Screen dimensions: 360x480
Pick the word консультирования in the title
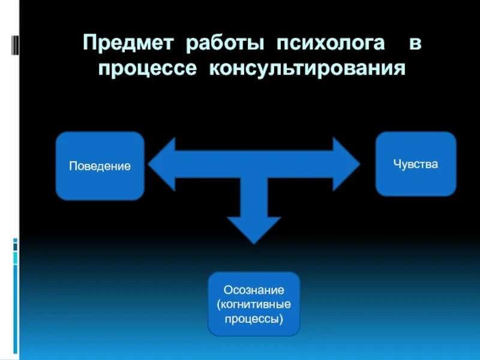pyautogui.click(x=308, y=68)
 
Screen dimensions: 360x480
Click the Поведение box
pyautogui.click(x=100, y=166)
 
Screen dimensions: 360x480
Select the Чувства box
pyautogui.click(x=416, y=164)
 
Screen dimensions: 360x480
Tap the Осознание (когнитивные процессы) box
pyautogui.click(x=254, y=304)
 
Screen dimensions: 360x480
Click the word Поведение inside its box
pyautogui.click(x=100, y=166)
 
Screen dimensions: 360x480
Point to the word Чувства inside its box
pyautogui.click(x=416, y=164)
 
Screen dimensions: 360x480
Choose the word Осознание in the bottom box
pyautogui.click(x=254, y=290)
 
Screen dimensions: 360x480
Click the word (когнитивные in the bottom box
pyautogui.click(x=254, y=304)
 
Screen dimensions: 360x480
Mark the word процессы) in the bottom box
pyautogui.click(x=254, y=319)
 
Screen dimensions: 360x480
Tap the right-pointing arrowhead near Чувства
pyautogui.click(x=346, y=164)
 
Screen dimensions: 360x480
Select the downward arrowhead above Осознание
pyautogui.click(x=254, y=229)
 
